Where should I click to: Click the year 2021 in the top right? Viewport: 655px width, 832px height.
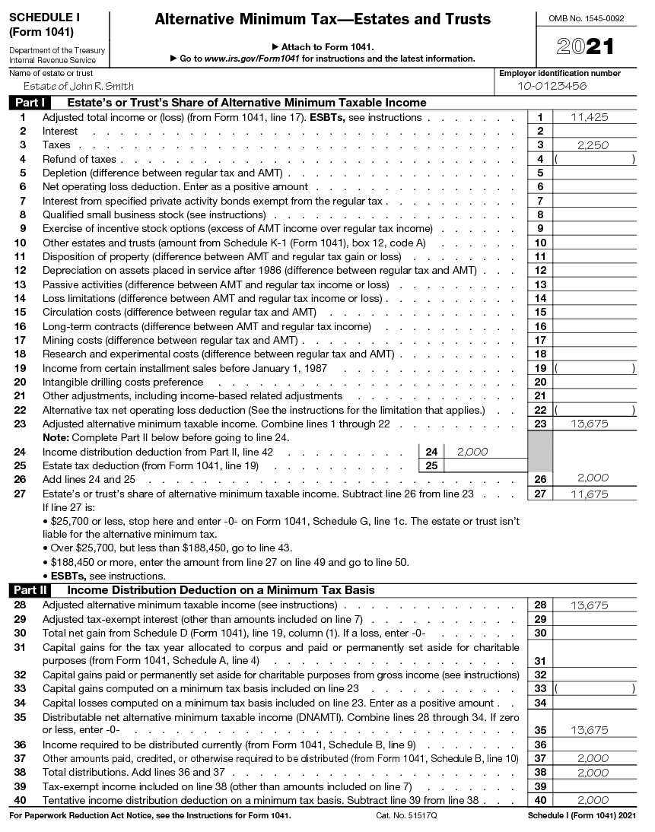point(585,47)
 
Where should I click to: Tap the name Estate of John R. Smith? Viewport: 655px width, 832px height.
point(68,86)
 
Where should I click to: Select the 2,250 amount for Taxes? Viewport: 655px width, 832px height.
point(593,145)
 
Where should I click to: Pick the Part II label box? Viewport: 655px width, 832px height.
point(30,590)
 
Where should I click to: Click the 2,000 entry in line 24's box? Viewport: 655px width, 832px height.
point(472,452)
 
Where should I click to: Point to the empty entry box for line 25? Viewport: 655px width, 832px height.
point(484,465)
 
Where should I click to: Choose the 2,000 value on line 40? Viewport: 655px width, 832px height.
point(593,800)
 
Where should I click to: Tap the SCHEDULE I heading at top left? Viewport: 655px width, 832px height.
point(46,17)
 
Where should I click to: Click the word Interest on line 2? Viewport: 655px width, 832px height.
point(60,131)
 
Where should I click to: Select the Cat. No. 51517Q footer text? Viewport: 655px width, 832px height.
point(406,815)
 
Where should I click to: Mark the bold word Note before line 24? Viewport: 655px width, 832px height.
point(55,437)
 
